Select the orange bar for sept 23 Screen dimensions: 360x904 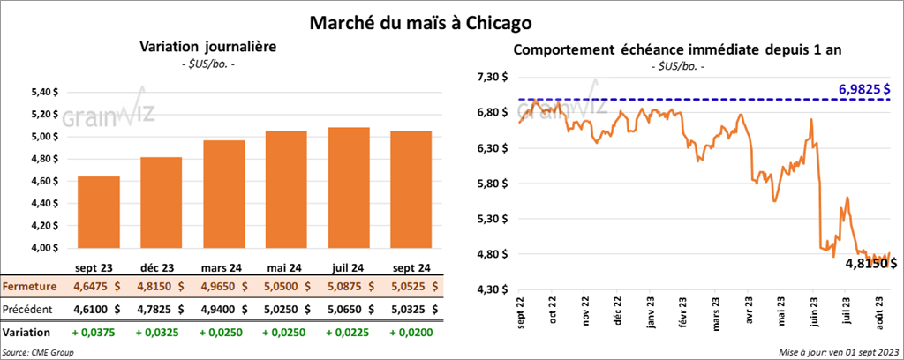99,212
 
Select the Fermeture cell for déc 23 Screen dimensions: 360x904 162,286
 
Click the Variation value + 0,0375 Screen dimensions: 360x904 99,333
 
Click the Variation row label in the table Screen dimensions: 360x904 26,333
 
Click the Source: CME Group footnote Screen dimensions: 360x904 39,352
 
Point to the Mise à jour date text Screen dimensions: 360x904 840,352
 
